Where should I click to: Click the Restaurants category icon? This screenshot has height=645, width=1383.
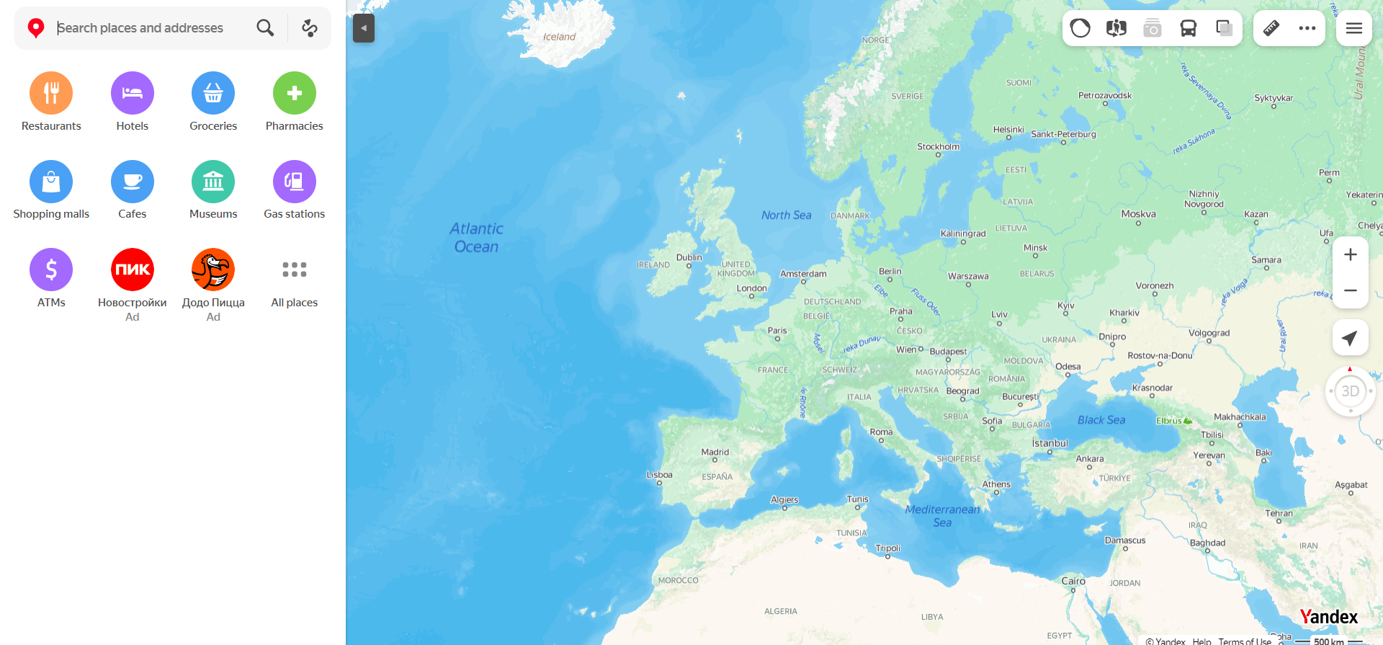point(51,93)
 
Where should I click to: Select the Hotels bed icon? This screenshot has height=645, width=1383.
point(133,93)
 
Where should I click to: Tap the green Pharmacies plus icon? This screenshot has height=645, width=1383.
point(294,93)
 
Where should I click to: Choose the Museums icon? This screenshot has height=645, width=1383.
point(213,182)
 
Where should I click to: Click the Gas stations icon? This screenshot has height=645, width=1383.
point(294,182)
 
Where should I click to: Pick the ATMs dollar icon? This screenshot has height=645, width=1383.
point(51,270)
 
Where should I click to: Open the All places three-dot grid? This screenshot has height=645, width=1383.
point(294,270)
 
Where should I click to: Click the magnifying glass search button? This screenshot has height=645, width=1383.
point(265,28)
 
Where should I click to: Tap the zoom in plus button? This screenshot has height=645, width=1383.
point(1350,254)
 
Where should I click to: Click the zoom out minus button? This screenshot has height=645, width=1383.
point(1350,290)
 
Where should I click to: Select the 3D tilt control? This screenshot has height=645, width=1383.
point(1350,391)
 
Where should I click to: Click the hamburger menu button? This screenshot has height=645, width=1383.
point(1353,28)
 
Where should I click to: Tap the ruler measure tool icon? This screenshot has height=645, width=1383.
point(1271,28)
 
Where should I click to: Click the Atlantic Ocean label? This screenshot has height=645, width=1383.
point(476,237)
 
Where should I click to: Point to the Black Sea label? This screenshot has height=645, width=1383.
point(1101,420)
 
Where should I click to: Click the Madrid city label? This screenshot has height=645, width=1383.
point(715,452)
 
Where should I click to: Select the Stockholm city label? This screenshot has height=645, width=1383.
point(938,146)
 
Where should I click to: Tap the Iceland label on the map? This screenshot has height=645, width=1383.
point(559,37)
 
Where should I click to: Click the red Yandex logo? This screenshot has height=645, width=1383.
point(1328,617)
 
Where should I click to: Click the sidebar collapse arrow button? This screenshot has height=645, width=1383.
point(364,28)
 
